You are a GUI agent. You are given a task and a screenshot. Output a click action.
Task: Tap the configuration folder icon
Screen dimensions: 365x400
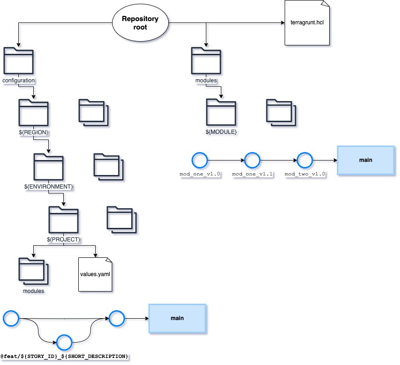[18, 62]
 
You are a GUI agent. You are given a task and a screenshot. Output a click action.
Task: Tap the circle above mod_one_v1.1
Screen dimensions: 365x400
[252, 161]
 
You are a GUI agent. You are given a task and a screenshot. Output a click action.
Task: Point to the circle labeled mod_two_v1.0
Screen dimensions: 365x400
[305, 161]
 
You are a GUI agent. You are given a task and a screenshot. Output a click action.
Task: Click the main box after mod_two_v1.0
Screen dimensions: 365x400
[365, 160]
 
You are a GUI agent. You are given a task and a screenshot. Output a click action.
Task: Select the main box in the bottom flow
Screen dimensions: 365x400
[177, 319]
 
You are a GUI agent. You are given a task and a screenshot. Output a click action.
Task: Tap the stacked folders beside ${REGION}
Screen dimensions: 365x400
[93, 113]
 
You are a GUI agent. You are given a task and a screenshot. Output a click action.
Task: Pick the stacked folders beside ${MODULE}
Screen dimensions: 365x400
[281, 113]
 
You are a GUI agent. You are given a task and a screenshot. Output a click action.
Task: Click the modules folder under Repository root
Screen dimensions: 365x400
[206, 62]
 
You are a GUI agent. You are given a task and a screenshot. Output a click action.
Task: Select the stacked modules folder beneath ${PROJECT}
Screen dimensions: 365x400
[33, 272]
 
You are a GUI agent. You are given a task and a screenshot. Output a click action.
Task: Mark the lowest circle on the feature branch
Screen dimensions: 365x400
[64, 342]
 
